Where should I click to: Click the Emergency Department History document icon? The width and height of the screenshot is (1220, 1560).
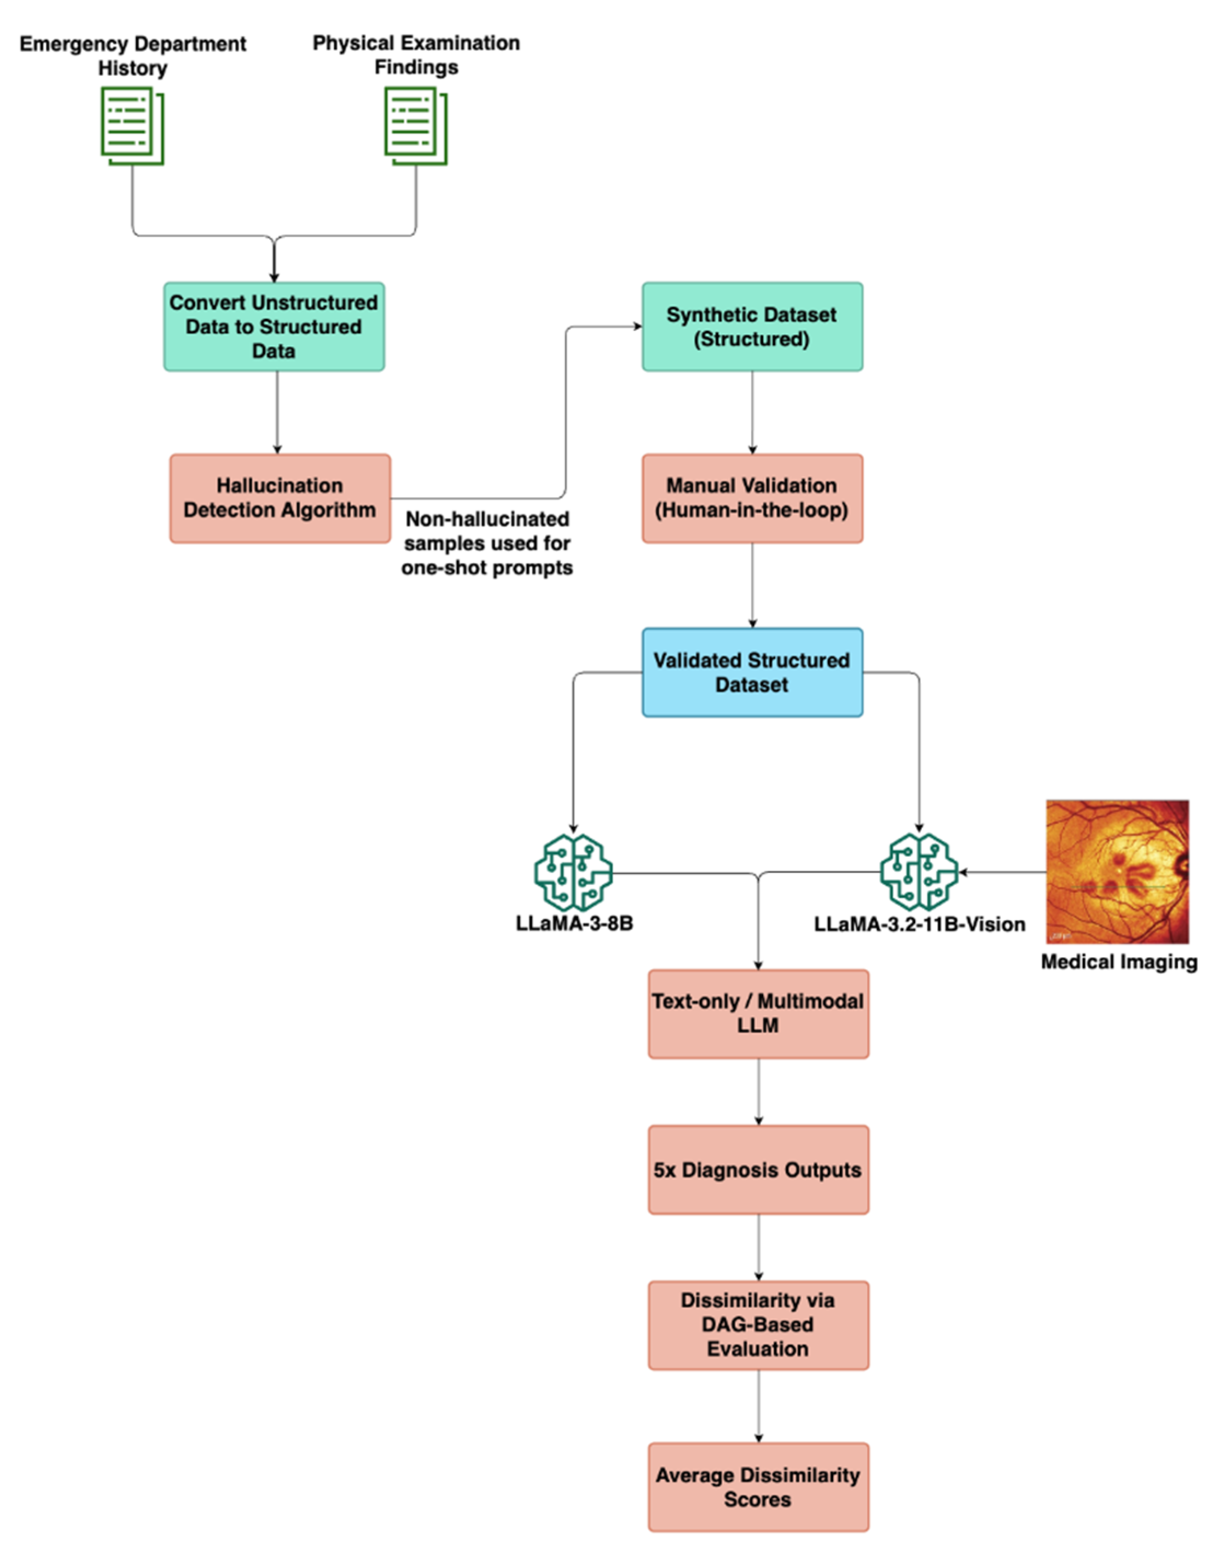pyautogui.click(x=132, y=126)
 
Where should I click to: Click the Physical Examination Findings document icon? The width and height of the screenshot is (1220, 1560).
pyautogui.click(x=416, y=126)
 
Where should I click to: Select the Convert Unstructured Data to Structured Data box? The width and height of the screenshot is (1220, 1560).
pyautogui.click(x=274, y=327)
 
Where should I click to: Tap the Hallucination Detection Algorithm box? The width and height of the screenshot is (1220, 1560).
pyautogui.click(x=280, y=498)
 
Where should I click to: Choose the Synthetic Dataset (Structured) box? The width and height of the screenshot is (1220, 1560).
pyautogui.click(x=752, y=327)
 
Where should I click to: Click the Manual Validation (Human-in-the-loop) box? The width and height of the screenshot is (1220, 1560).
pyautogui.click(x=752, y=498)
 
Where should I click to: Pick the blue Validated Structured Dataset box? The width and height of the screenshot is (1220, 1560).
pyautogui.click(x=752, y=672)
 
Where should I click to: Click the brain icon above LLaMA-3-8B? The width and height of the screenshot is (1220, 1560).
pyautogui.click(x=573, y=872)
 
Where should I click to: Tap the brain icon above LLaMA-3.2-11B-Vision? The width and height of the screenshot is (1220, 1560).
pyautogui.click(x=919, y=872)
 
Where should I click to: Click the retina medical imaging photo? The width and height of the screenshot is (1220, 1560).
pyautogui.click(x=1117, y=871)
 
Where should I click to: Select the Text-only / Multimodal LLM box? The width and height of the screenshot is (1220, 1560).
pyautogui.click(x=758, y=1014)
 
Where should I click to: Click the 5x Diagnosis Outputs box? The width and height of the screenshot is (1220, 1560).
pyautogui.click(x=758, y=1170)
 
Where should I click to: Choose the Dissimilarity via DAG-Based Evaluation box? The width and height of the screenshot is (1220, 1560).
pyautogui.click(x=758, y=1325)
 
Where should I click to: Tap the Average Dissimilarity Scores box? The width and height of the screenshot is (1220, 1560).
pyautogui.click(x=758, y=1487)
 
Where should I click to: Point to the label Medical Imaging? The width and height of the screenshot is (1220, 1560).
pyautogui.click(x=1119, y=962)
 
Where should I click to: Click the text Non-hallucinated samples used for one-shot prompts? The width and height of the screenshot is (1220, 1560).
pyautogui.click(x=487, y=544)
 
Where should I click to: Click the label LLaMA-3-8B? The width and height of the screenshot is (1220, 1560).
pyautogui.click(x=574, y=923)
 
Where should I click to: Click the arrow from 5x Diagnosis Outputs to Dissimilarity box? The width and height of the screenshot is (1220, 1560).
pyautogui.click(x=759, y=1247)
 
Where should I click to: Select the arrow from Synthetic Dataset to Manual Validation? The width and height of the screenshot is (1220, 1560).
pyautogui.click(x=752, y=412)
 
